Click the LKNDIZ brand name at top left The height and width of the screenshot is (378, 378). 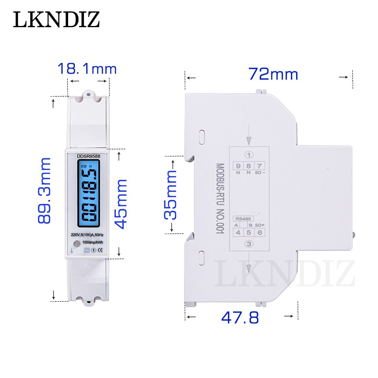point(57,20)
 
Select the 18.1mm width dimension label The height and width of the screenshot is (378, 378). point(87,69)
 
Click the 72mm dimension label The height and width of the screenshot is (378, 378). point(273,74)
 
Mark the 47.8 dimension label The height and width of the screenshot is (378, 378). point(240,317)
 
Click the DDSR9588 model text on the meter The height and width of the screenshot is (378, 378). point(88,157)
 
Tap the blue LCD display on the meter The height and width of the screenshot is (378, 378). point(88,195)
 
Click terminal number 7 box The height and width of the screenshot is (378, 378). point(259,166)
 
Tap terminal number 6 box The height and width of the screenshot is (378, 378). point(259,232)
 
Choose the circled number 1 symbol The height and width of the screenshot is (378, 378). point(248,154)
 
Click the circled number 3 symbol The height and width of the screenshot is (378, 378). point(248,244)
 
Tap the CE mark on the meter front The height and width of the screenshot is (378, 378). point(100,250)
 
